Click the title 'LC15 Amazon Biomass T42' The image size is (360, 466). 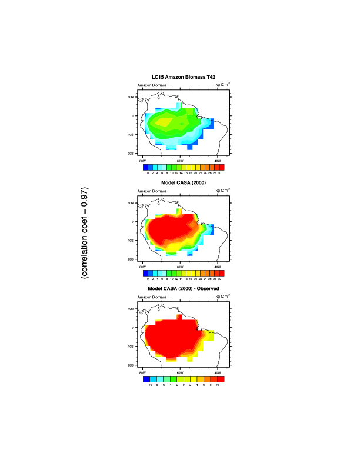click(x=182, y=78)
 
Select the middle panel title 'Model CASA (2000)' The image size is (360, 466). click(x=182, y=184)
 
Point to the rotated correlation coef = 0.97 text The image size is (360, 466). click(x=86, y=233)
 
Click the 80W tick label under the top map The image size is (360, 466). click(x=142, y=161)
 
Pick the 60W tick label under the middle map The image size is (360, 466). click(x=179, y=267)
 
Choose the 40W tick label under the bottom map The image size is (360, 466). click(x=217, y=372)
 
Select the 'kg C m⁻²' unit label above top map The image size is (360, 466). click(x=223, y=85)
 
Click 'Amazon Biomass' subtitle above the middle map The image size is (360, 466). click(x=152, y=191)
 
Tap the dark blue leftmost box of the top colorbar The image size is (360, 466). click(x=146, y=168)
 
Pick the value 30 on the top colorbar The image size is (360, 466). click(x=219, y=174)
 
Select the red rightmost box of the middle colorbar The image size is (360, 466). click(x=222, y=274)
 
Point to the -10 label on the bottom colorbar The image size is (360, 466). click(x=150, y=385)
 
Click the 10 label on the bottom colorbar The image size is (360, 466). click(x=218, y=385)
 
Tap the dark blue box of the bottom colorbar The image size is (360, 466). click(x=146, y=380)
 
